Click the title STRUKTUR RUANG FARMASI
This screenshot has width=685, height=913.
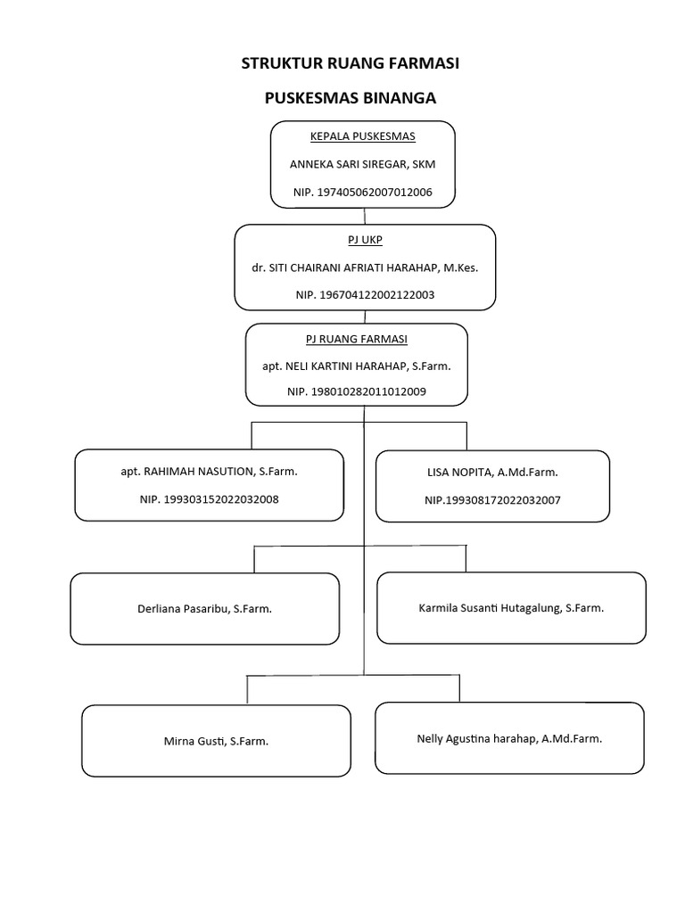click(351, 63)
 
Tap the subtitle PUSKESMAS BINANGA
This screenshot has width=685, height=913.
click(351, 98)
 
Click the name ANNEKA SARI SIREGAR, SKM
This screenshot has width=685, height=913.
click(362, 164)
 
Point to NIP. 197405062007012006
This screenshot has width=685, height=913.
click(362, 192)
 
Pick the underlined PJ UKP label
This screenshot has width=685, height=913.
click(364, 240)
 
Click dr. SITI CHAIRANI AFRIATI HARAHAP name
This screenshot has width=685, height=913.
click(364, 267)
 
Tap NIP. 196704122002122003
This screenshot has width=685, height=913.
click(364, 295)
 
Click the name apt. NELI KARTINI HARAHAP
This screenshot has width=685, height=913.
click(357, 366)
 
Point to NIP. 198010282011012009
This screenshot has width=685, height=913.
click(357, 391)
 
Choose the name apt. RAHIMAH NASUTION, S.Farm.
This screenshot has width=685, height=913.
click(209, 471)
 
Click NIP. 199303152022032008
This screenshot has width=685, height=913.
click(209, 499)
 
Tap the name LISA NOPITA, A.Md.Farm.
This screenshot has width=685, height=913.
click(492, 472)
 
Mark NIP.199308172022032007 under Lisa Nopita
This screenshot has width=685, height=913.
click(492, 500)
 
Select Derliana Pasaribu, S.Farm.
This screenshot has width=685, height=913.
click(204, 609)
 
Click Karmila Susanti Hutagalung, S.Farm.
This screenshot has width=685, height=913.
click(511, 608)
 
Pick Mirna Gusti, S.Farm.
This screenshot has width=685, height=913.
click(216, 741)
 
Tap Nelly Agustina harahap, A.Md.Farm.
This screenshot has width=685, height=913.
click(509, 738)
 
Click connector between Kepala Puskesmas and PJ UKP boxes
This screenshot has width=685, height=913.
click(364, 217)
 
